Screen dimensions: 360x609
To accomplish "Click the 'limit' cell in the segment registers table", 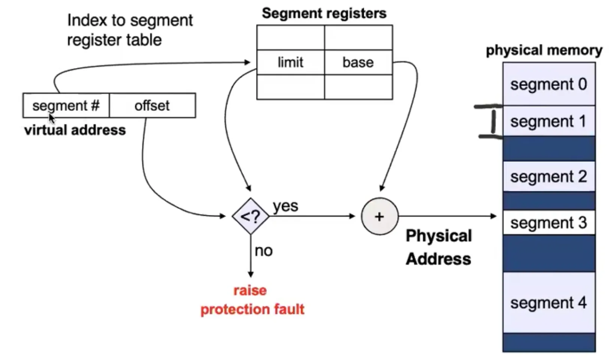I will pos(290,62).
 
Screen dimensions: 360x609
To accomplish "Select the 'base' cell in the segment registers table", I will pos(358,62).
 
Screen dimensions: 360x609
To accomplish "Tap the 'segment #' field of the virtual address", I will pos(66,106).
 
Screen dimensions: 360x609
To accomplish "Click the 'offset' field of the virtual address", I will pos(152,106).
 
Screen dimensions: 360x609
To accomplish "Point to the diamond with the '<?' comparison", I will pos(250,216).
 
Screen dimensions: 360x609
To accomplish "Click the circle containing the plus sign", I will pos(379,216).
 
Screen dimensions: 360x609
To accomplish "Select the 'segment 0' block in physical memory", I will pos(549,84).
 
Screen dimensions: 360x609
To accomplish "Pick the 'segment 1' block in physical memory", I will pos(549,121).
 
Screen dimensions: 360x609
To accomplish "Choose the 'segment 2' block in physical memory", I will pos(549,176).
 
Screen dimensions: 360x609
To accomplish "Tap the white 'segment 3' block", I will pos(549,223).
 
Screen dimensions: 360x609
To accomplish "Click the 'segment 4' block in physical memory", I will pos(549,303).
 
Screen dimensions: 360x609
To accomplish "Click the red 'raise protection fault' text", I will pos(252,300).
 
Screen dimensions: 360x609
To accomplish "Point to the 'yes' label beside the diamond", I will pos(285,206).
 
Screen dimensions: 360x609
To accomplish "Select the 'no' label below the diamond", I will pos(264,251).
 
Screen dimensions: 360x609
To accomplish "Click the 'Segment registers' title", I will pos(324,14).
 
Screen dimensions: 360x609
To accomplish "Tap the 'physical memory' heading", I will pos(544,50).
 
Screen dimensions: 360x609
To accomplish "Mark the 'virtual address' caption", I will pos(75,130).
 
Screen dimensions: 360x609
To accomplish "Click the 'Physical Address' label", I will pos(439,247).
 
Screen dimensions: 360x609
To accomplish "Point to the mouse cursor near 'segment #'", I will pos(51,118).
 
